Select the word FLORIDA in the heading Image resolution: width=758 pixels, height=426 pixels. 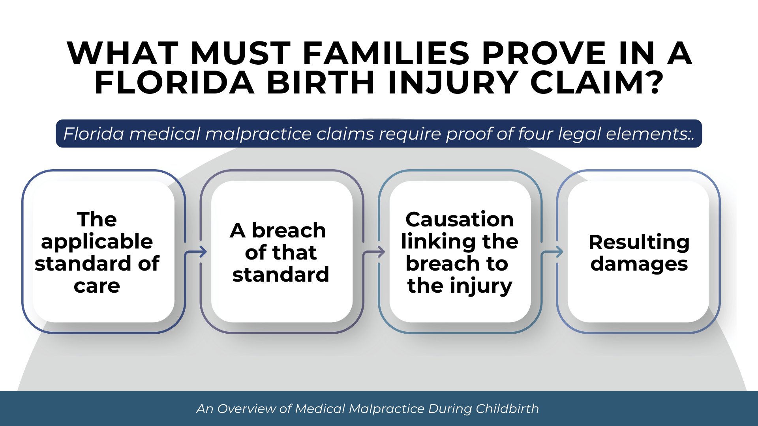[x=174, y=83]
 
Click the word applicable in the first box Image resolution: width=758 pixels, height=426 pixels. [x=97, y=241]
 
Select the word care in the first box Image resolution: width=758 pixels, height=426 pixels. [x=97, y=286]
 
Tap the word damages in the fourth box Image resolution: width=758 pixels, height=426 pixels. [x=639, y=263]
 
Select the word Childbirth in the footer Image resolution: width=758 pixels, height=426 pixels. [x=507, y=409]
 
